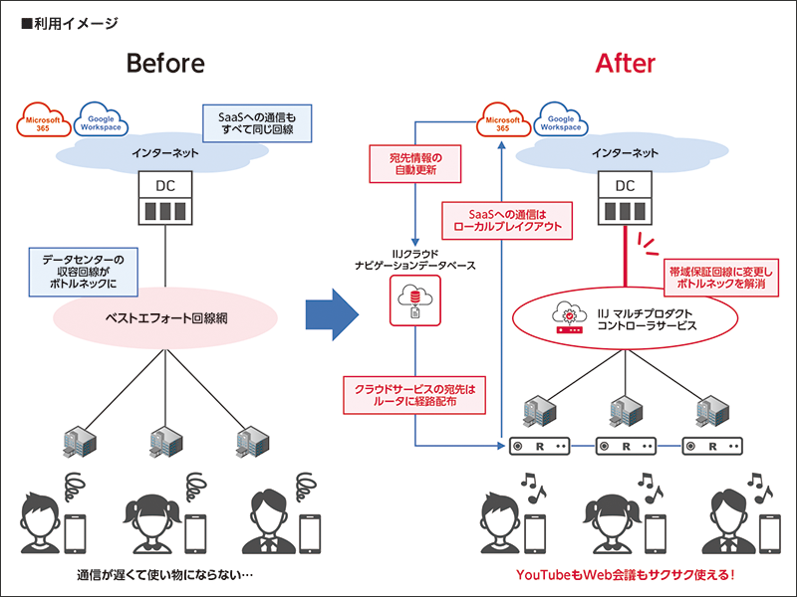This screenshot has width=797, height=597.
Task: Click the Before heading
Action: pos(165,64)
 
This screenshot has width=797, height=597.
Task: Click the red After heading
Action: pos(625,64)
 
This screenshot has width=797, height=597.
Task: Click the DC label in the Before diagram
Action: pos(164,185)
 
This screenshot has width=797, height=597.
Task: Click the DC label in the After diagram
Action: pos(625,185)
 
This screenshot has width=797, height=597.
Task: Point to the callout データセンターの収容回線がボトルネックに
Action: pos(84,269)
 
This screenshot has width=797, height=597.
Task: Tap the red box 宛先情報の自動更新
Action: pos(416,164)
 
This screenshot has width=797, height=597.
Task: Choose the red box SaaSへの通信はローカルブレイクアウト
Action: pos(508,219)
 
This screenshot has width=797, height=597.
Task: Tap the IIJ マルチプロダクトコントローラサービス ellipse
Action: pos(625,320)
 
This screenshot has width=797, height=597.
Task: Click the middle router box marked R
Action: pos(626,447)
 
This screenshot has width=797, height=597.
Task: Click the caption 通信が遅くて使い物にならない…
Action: pos(164,575)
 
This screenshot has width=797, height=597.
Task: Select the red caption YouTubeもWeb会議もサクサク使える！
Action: pos(625,575)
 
